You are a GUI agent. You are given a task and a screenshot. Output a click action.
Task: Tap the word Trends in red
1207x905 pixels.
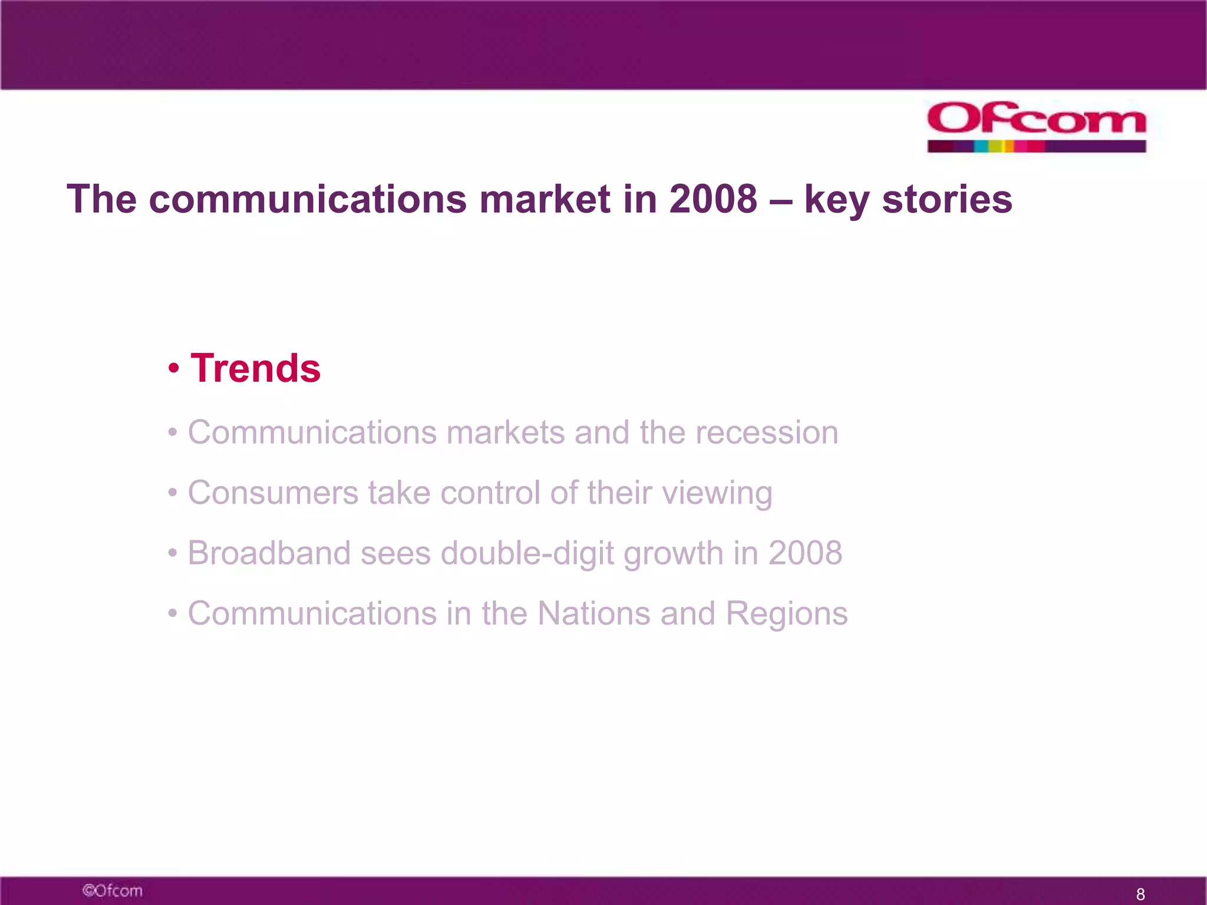[x=255, y=368]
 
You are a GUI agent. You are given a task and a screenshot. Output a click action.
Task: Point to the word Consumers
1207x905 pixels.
[x=273, y=493]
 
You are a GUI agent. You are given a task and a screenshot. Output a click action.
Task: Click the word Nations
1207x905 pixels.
[x=593, y=613]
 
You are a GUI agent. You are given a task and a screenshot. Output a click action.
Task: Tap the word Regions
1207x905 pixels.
[x=786, y=615]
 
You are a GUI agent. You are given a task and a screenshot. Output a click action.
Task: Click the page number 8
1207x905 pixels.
[x=1140, y=894]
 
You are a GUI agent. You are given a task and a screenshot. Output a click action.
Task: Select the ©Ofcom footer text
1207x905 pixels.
[x=112, y=890]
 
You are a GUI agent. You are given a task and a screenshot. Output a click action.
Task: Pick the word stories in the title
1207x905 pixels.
[x=947, y=199]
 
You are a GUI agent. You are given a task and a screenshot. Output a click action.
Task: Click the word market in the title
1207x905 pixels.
[x=545, y=199]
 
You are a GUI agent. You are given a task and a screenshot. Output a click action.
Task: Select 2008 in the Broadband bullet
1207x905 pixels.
[x=805, y=553]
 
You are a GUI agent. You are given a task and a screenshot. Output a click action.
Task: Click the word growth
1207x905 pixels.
[x=673, y=553]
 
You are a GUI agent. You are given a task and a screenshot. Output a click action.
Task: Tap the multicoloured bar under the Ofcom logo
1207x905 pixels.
[x=1036, y=146]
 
